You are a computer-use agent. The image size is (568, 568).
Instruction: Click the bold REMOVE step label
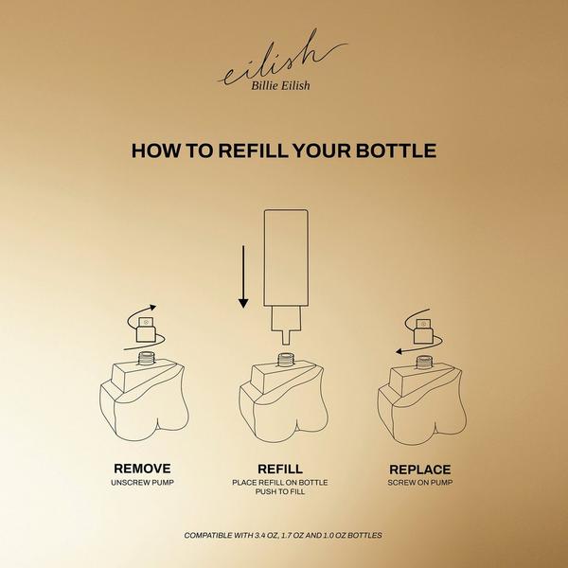click(x=142, y=469)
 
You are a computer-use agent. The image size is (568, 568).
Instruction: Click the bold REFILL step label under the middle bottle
click(x=280, y=469)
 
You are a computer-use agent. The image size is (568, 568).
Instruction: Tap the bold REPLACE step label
click(x=418, y=469)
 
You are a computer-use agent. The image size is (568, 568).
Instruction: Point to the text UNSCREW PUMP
click(x=142, y=483)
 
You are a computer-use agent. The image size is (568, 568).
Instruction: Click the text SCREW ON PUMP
click(x=418, y=483)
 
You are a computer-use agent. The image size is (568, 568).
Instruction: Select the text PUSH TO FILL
click(x=280, y=492)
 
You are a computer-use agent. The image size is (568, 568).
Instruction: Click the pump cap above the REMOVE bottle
click(x=146, y=329)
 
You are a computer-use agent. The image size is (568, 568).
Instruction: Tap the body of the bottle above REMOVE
click(x=142, y=402)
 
